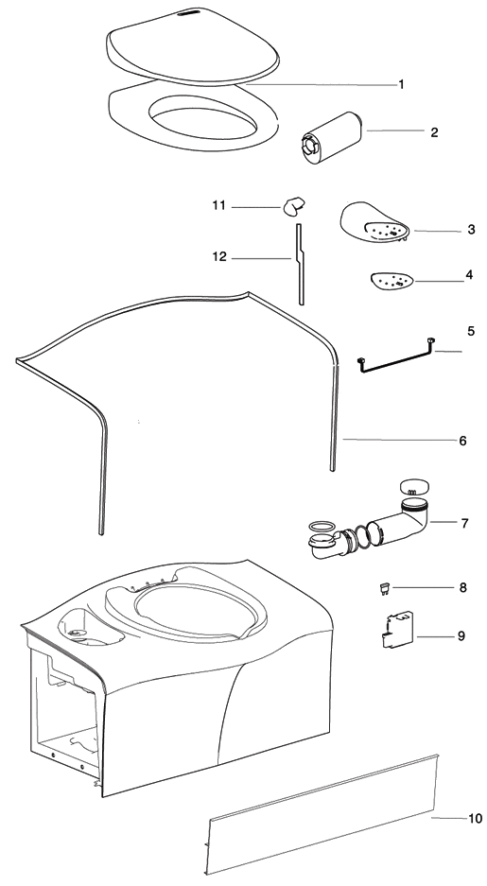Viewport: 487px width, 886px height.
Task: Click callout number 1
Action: click(401, 85)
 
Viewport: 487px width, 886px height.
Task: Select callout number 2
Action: click(434, 132)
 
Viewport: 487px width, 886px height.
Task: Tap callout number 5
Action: click(470, 332)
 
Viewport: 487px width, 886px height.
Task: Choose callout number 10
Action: click(475, 818)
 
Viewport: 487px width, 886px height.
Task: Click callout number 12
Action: click(219, 256)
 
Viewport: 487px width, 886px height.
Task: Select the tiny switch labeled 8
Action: click(383, 589)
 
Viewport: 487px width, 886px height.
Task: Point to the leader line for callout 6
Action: click(397, 440)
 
